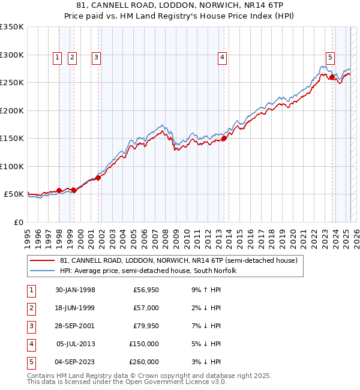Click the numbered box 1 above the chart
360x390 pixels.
[x=57, y=58]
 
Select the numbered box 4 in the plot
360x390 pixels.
[x=222, y=58]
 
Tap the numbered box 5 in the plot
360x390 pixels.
[x=330, y=58]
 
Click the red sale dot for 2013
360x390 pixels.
[x=224, y=138]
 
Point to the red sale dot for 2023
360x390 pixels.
[x=332, y=77]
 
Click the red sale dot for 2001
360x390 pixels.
[x=98, y=178]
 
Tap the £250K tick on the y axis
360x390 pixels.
[x=12, y=83]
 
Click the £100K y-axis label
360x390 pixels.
[x=12, y=166]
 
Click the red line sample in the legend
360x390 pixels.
[x=43, y=261]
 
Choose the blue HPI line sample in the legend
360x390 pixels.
[x=43, y=271]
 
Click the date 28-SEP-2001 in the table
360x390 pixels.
[x=75, y=326]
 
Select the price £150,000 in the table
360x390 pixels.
[x=144, y=344]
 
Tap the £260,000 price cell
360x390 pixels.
[x=144, y=362]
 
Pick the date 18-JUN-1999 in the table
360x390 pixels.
[x=75, y=308]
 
